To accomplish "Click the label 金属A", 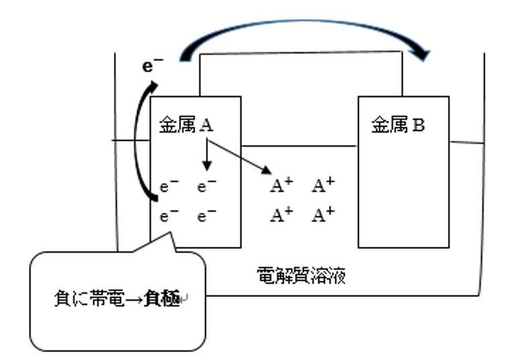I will coord(186,125).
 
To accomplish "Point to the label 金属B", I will coord(398,125).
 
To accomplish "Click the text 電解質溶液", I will coord(301,275).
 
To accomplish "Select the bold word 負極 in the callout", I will coord(163,300).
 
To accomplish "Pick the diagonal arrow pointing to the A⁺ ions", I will coord(238,156).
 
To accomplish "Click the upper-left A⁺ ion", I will coord(280,186).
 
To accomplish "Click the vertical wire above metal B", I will coord(402,74).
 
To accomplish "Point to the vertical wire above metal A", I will coord(199,74).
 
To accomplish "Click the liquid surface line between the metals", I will coord(299,145).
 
